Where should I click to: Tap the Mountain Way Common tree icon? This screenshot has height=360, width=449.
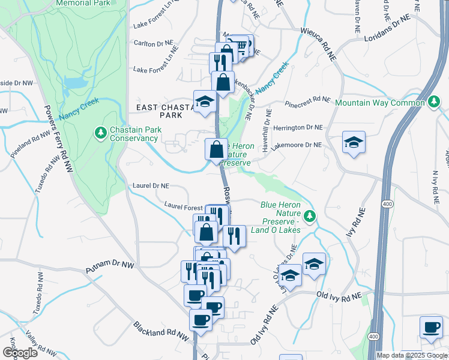pos(434,103)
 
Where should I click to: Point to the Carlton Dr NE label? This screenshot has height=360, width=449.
pos(152,44)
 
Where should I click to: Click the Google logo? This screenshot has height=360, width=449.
pos(20,353)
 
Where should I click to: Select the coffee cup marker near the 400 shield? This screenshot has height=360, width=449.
pos(431,328)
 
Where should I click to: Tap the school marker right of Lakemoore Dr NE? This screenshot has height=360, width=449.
pos(354,143)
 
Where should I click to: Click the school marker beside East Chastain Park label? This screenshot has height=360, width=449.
pos(204,101)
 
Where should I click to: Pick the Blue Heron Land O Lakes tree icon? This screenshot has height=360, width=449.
pos(310,215)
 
